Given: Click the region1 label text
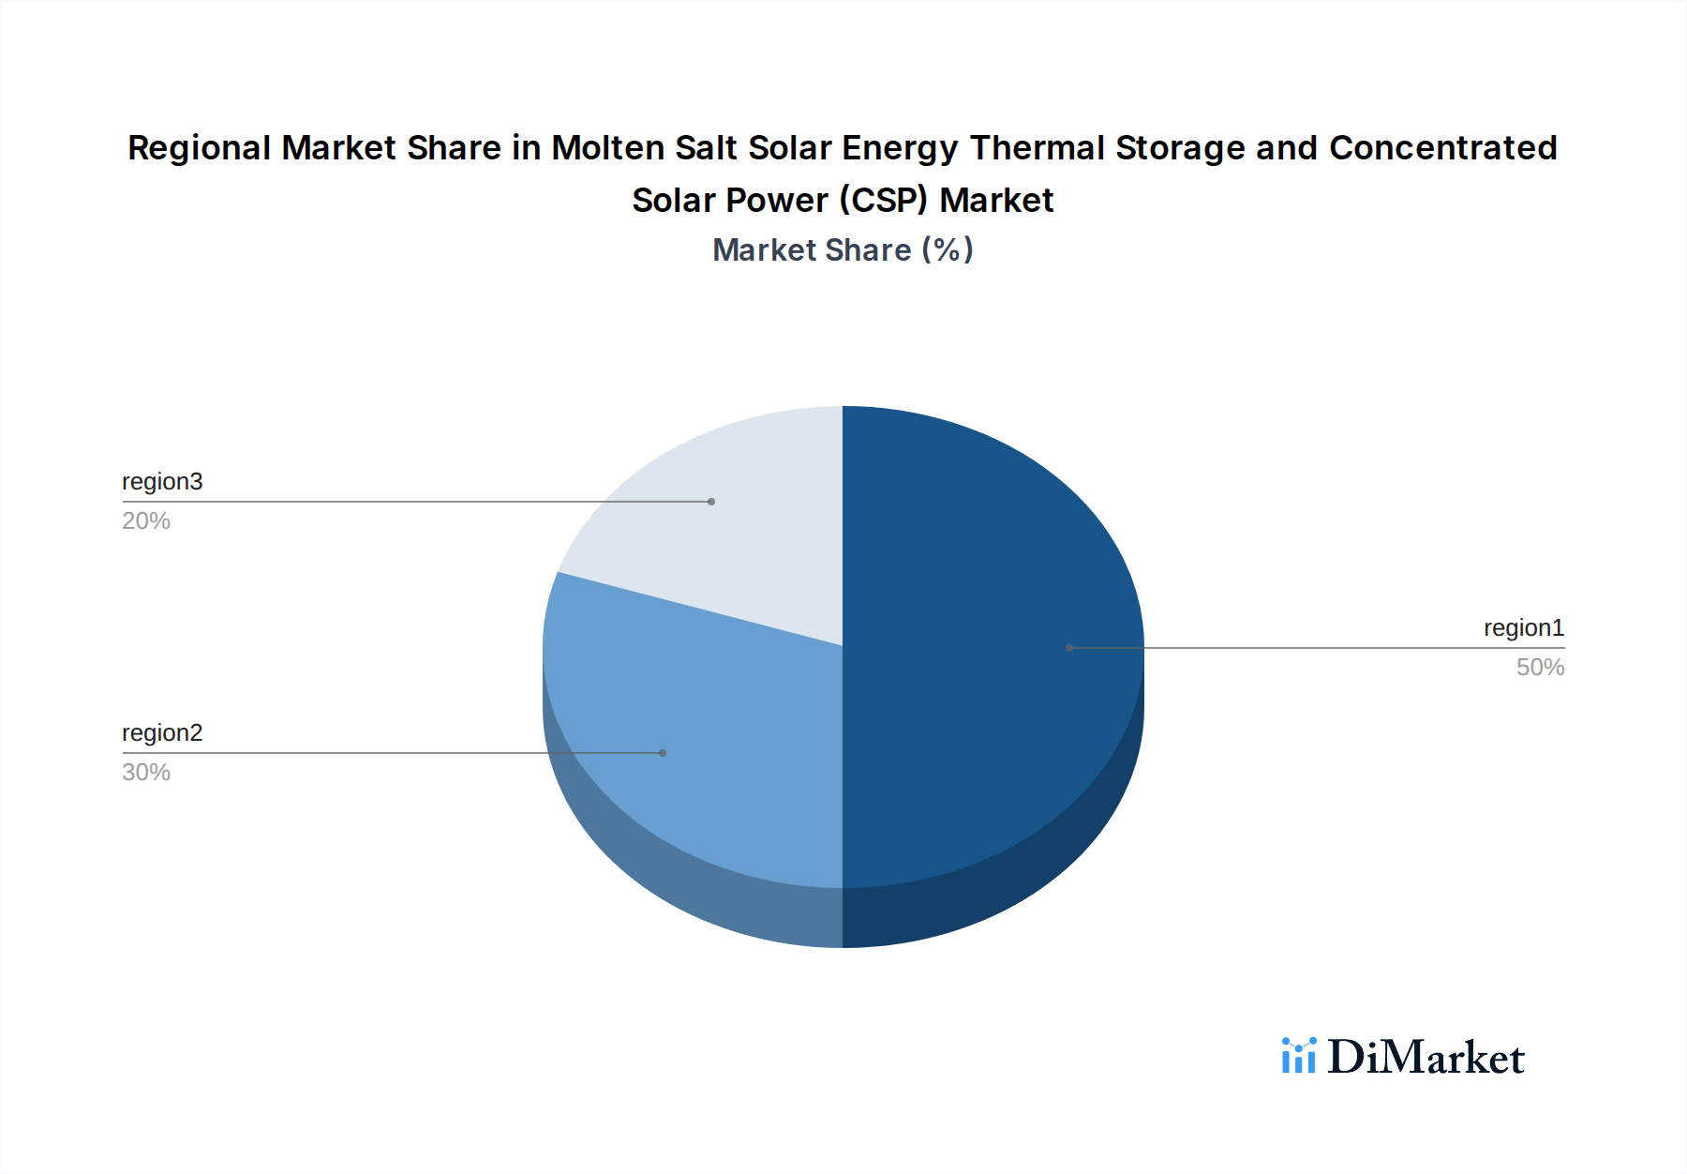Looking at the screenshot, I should (x=1523, y=628).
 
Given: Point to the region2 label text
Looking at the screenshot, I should (x=162, y=733).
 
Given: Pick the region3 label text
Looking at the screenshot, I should (x=162, y=482).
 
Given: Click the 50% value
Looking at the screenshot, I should (x=1540, y=668).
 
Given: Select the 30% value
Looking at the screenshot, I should (x=146, y=773).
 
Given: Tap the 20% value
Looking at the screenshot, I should (x=146, y=521).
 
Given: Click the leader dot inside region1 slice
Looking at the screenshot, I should (x=1069, y=648).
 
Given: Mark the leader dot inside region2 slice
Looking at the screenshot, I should (x=663, y=753).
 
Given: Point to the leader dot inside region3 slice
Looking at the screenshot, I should (x=711, y=502).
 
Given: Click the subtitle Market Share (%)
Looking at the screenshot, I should (x=843, y=250).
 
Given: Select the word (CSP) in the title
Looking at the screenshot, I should (x=883, y=201).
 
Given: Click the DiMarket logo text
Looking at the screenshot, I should (x=1426, y=1058).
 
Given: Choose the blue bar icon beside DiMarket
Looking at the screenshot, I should (x=1299, y=1056).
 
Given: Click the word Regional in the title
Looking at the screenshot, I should (x=199, y=148).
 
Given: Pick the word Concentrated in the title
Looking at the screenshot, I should (x=1443, y=148).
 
